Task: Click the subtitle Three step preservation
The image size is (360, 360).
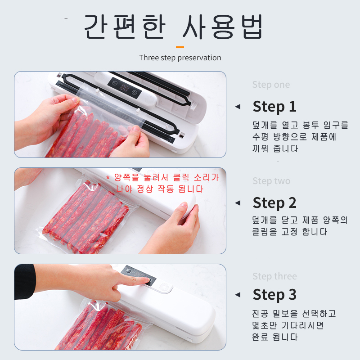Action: tap(180, 58)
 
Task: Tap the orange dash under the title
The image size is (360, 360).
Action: tap(180, 46)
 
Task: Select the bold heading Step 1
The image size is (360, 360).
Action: tap(274, 107)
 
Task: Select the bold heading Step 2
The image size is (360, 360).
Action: tap(274, 203)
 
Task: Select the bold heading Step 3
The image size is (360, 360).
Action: tap(274, 295)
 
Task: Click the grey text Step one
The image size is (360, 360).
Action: tap(271, 85)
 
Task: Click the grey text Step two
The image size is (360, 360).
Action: tap(271, 181)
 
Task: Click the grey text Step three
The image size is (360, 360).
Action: tap(274, 276)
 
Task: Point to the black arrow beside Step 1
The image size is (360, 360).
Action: tap(238, 107)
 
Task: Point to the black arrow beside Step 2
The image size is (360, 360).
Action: tap(238, 203)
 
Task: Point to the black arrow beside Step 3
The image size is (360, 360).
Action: tap(238, 295)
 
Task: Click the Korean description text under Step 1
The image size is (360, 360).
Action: tap(300, 137)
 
